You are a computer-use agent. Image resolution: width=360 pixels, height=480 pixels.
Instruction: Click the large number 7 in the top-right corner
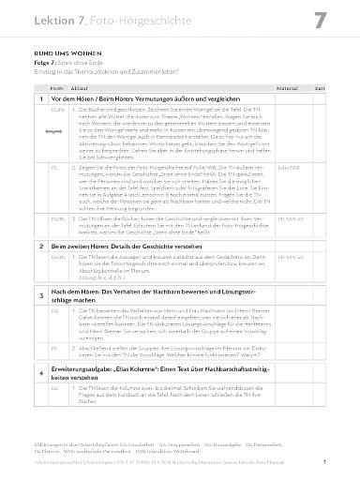coord(319,21)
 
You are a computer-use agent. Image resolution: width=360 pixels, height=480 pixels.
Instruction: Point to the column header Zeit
coord(320,84)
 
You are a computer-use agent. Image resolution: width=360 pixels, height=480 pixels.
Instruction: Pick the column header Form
coord(54,84)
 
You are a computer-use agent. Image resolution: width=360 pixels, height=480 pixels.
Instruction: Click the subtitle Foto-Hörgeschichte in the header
coord(118,20)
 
